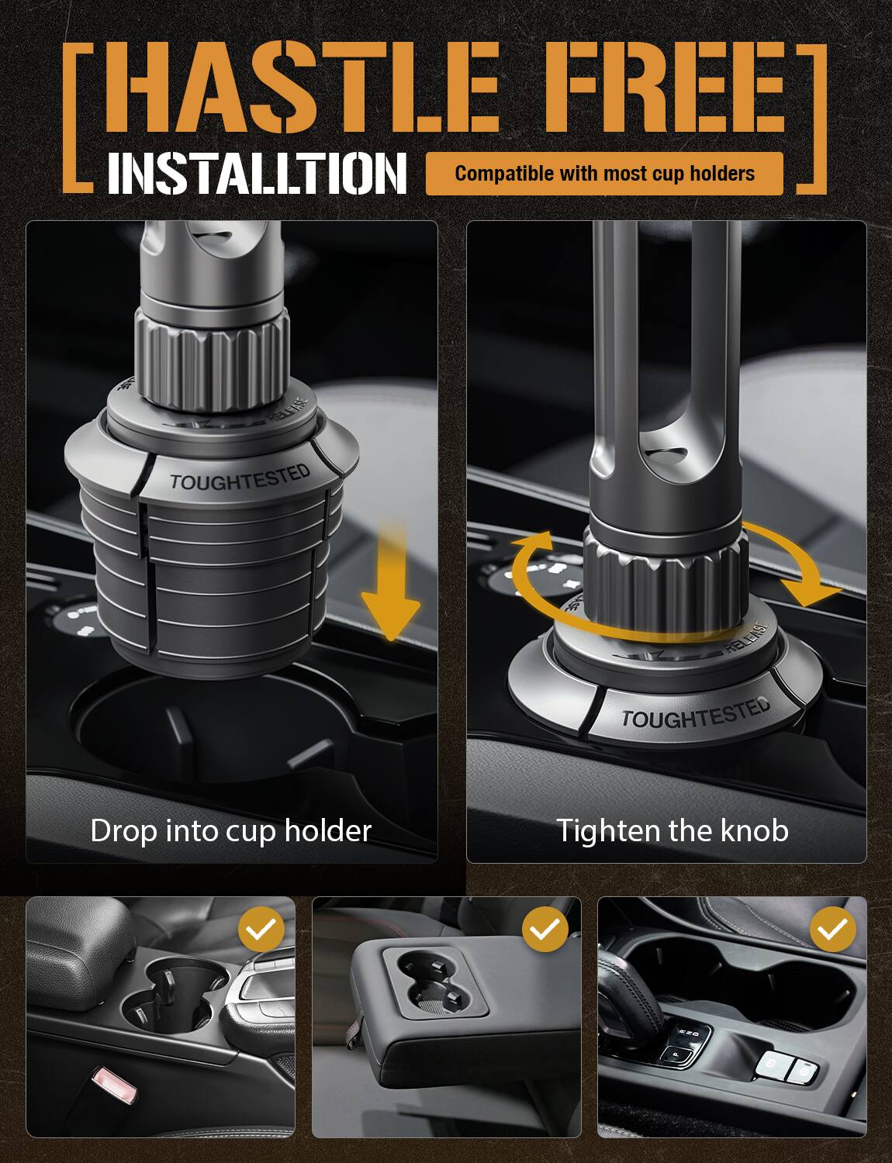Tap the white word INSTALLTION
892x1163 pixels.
click(x=257, y=173)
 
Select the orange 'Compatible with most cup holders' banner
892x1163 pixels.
click(x=604, y=174)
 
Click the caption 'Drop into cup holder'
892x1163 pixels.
click(x=231, y=831)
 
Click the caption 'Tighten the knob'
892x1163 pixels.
click(x=672, y=831)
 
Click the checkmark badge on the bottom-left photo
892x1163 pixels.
click(x=261, y=929)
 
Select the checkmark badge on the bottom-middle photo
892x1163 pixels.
click(x=546, y=929)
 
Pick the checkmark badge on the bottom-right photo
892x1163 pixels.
click(x=832, y=929)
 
